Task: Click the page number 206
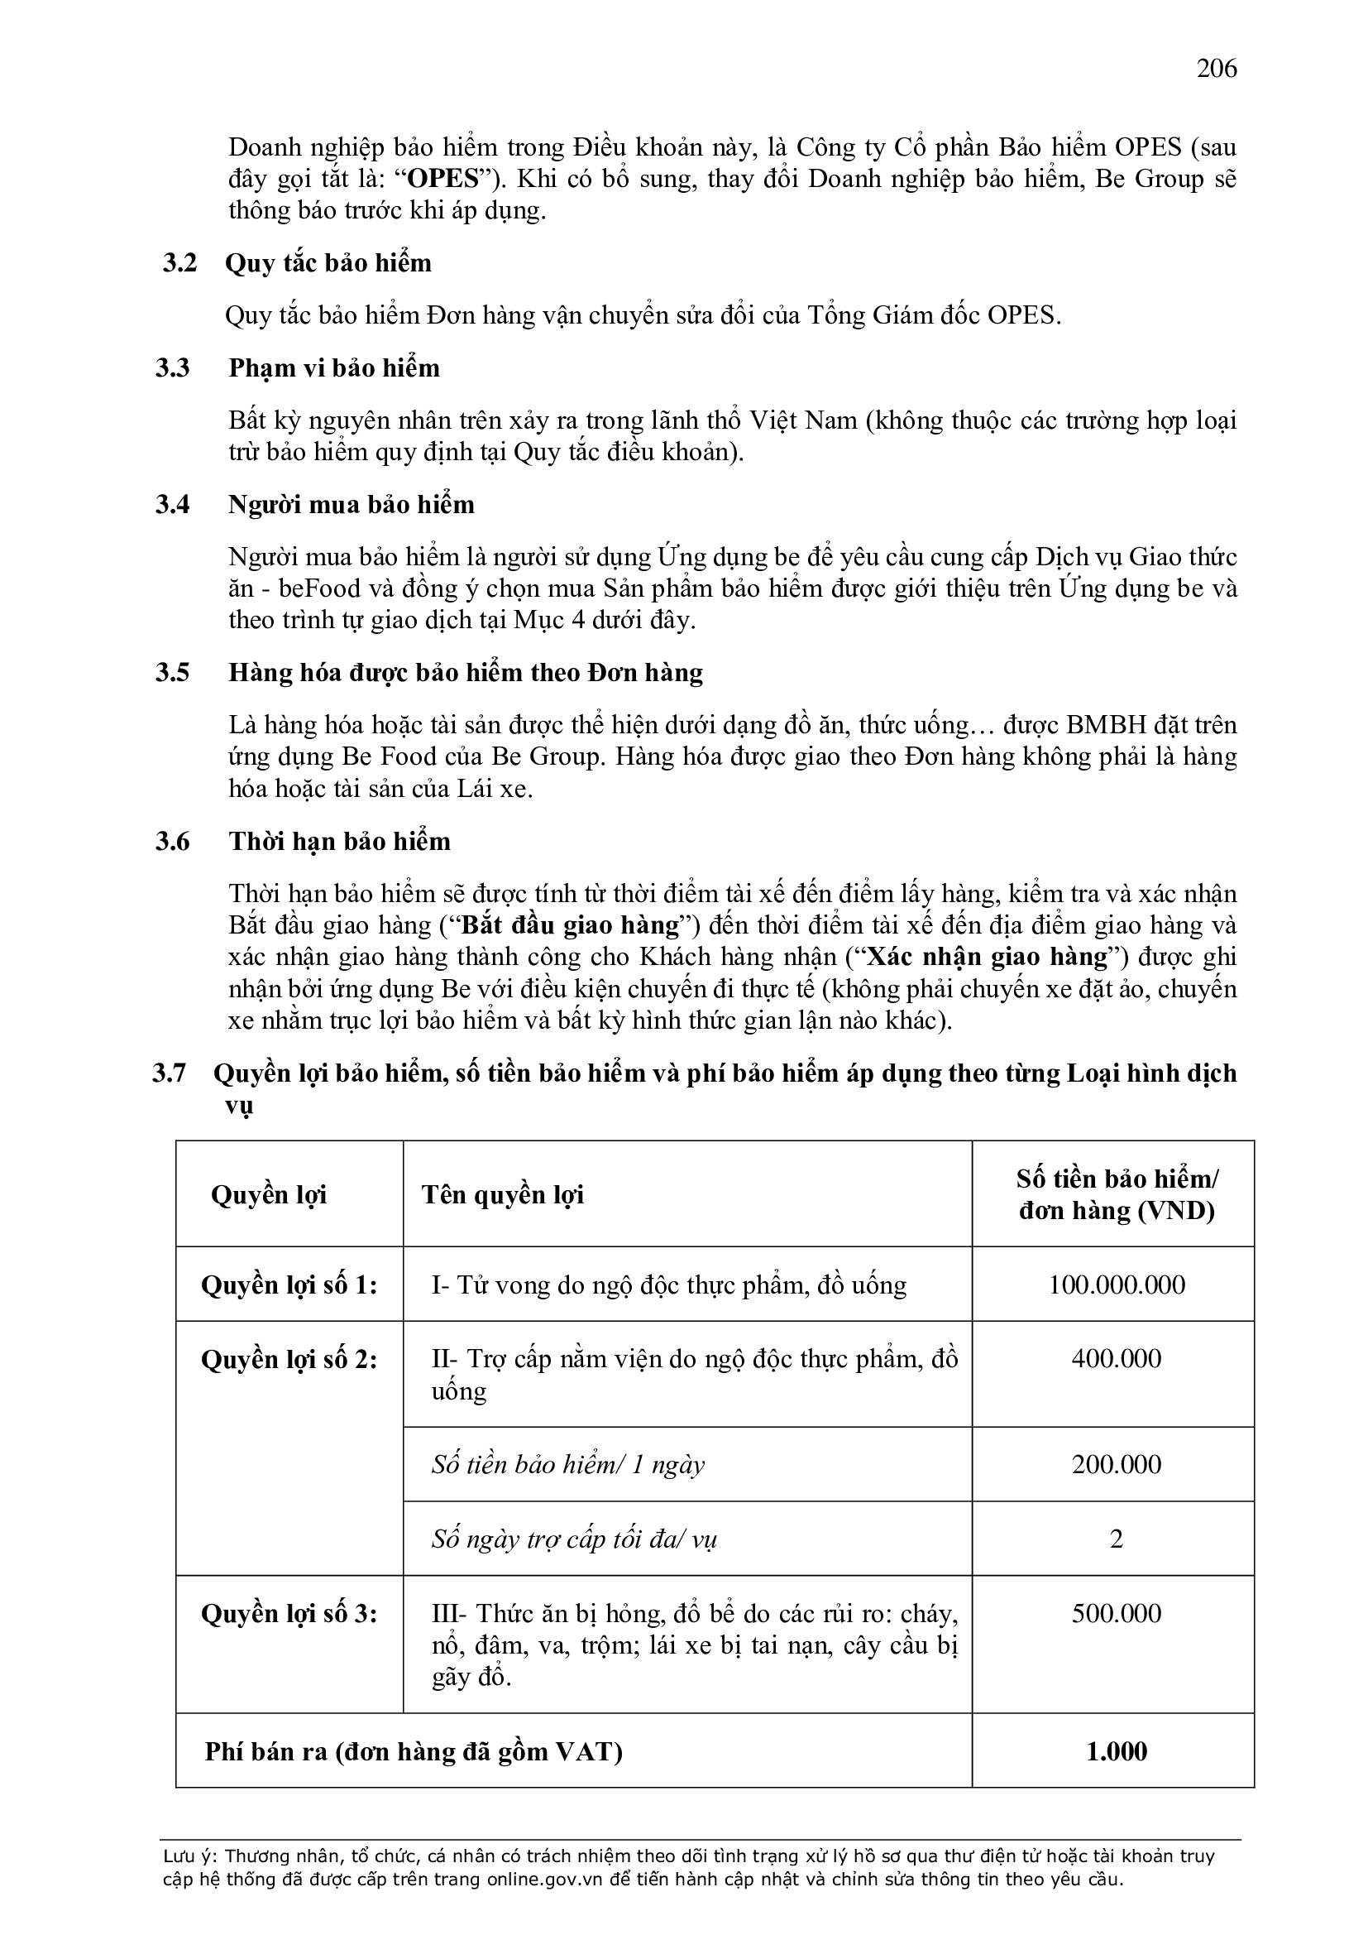point(1217,68)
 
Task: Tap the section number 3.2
point(179,263)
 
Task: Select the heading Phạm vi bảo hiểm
point(333,368)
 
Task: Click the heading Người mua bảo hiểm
point(352,505)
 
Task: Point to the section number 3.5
point(172,673)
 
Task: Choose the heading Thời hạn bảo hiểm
point(339,841)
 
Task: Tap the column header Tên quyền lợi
point(503,1194)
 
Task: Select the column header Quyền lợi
point(269,1194)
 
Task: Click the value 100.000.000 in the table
point(1116,1284)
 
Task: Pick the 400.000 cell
point(1116,1357)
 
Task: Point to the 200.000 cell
point(1116,1464)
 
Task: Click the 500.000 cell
point(1116,1613)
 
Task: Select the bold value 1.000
point(1116,1751)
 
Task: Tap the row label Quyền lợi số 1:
point(289,1284)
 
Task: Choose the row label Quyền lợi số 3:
point(289,1613)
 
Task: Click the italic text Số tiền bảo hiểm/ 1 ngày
point(567,1465)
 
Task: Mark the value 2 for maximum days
point(1116,1539)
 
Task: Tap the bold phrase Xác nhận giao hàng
point(987,958)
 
